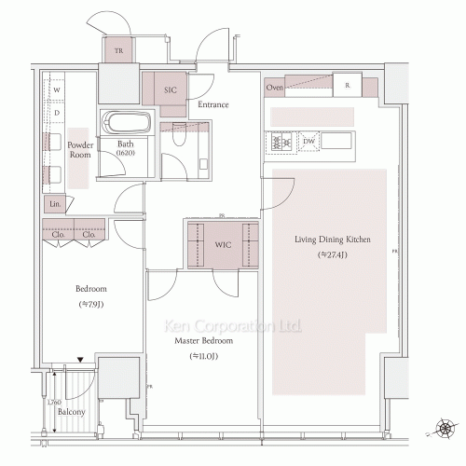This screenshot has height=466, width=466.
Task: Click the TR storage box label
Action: pos(118,52)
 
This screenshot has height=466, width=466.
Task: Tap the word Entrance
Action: pos(212,104)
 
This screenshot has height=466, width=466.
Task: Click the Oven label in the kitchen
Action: pos(274,88)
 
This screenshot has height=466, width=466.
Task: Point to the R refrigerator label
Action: pos(347,86)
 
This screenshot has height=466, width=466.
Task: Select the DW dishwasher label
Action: pos(308,143)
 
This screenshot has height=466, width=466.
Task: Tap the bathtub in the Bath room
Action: pos(125,125)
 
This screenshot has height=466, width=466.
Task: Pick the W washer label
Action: pos(57,90)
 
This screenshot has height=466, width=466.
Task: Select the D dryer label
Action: pos(57,113)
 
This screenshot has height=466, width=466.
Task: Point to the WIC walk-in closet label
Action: pos(222,244)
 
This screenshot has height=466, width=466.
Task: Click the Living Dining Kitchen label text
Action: pos(333,240)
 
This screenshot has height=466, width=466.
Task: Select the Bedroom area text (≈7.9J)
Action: pos(89,305)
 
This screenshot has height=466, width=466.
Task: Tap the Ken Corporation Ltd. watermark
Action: pos(233,326)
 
